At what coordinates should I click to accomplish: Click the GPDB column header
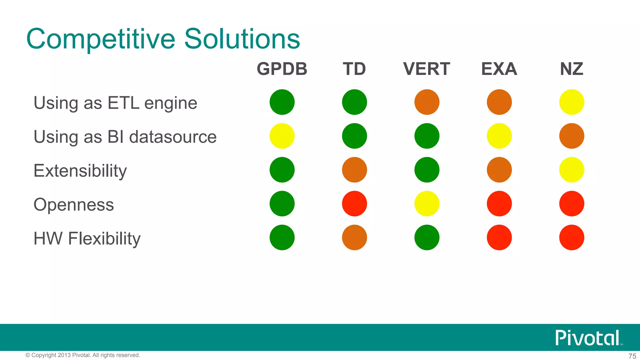coord(282,69)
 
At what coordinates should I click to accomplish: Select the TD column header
coord(354,69)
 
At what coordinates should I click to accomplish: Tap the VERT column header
coord(427,69)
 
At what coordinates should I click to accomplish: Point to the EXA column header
coord(499,69)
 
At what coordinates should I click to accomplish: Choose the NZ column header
coord(572,69)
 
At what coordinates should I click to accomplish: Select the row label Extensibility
coord(80,171)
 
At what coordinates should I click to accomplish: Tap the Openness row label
coord(73,205)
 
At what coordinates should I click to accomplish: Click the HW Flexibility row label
coord(87,238)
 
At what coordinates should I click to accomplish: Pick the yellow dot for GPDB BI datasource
coord(282,136)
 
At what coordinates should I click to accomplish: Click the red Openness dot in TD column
coord(354,204)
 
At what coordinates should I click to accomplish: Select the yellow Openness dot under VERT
coord(427,204)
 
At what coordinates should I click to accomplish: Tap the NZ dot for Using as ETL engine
coord(572,102)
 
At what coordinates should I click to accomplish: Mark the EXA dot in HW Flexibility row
coord(499,237)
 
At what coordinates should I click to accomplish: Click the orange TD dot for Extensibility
coord(354,170)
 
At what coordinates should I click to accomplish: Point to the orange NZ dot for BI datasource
coord(572,136)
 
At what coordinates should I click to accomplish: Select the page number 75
coord(632,356)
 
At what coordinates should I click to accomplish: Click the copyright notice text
coord(83,355)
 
